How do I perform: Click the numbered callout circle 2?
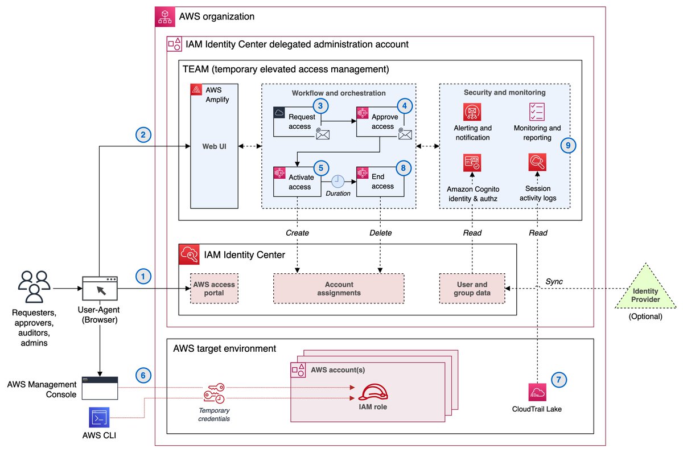click(143, 135)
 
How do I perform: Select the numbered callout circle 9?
click(567, 145)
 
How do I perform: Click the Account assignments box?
click(339, 289)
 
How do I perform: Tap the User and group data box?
click(472, 289)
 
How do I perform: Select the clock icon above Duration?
click(338, 180)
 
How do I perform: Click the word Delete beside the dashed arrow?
click(380, 233)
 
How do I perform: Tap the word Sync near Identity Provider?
click(554, 282)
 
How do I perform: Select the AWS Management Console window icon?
click(100, 387)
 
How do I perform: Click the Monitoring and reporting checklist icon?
click(537, 112)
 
